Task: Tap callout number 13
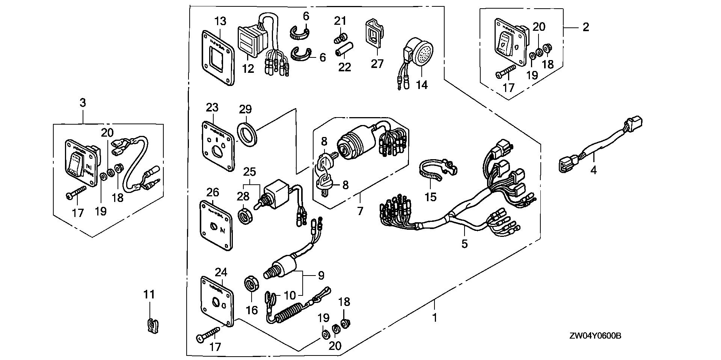click(x=221, y=21)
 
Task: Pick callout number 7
click(x=360, y=211)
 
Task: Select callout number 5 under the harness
click(x=465, y=244)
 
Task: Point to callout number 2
click(x=585, y=27)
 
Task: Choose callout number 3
click(x=83, y=102)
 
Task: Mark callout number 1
click(x=434, y=318)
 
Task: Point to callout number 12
click(x=248, y=68)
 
